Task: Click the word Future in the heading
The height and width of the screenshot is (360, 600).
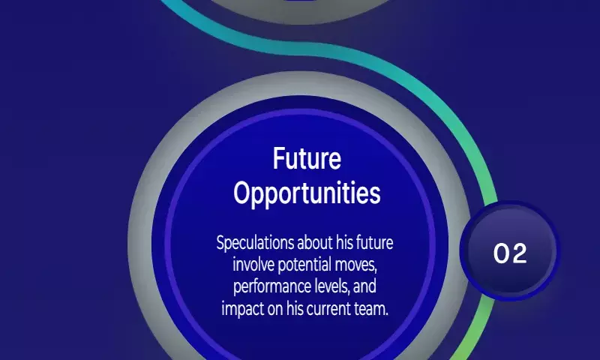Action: pyautogui.click(x=307, y=158)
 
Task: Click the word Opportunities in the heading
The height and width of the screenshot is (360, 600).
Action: pyautogui.click(x=307, y=193)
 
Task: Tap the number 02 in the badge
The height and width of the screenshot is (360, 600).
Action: pyautogui.click(x=510, y=253)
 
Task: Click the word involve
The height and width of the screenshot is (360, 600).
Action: pyautogui.click(x=253, y=264)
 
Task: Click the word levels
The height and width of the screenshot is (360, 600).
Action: pyautogui.click(x=330, y=286)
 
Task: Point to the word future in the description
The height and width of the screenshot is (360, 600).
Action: pyautogui.click(x=374, y=242)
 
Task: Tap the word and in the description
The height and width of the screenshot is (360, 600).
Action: pyautogui.click(x=364, y=286)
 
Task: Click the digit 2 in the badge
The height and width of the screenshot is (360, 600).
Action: pyautogui.click(x=519, y=253)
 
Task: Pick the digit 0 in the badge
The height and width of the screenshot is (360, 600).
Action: pyautogui.click(x=501, y=253)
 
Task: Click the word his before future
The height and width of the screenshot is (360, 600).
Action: pyautogui.click(x=344, y=242)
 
